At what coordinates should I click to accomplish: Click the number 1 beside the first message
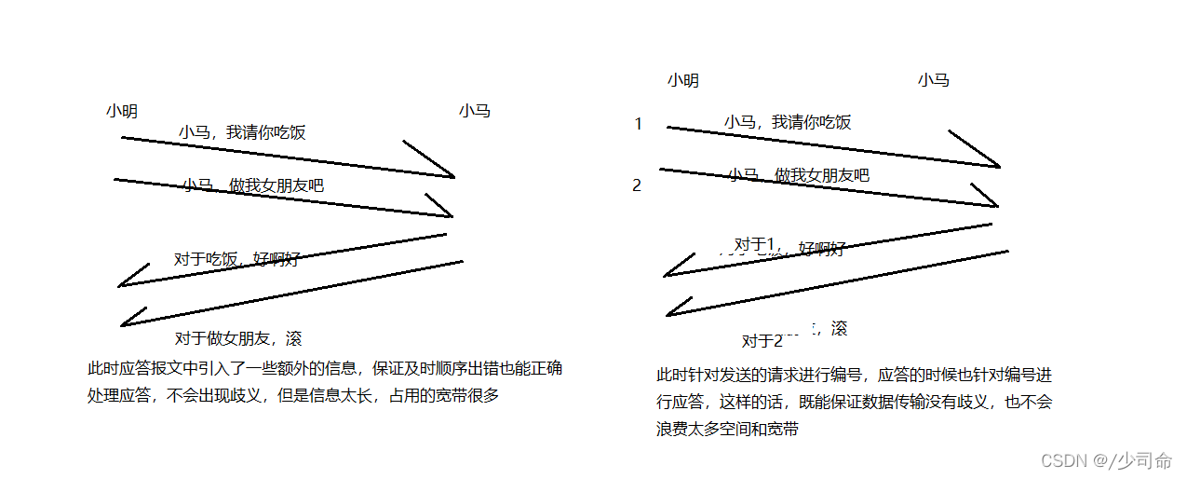[x=638, y=124]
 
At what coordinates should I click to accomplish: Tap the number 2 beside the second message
[x=637, y=185]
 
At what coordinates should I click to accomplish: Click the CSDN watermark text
[x=1106, y=460]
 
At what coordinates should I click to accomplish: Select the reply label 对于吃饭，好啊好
[x=236, y=259]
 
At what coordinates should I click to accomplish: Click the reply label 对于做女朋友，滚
[x=238, y=338]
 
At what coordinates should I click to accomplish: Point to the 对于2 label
[x=762, y=341]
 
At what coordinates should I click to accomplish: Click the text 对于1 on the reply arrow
[x=755, y=244]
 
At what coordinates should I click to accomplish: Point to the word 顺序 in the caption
[x=439, y=369]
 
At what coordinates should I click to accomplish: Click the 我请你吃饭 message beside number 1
[x=788, y=122]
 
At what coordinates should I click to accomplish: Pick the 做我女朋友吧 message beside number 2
[x=799, y=175]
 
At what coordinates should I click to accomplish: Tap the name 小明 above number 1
[x=682, y=81]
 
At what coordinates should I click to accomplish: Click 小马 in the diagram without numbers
[x=474, y=111]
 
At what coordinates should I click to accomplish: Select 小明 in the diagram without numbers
[x=122, y=112]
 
